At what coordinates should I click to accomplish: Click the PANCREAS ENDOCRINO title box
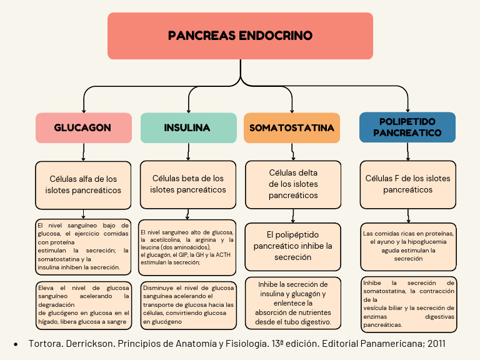[x=240, y=36]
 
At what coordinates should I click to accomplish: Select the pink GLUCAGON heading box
[x=83, y=127]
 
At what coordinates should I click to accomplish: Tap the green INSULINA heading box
[x=188, y=127]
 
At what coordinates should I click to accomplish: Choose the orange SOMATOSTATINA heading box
[x=292, y=127]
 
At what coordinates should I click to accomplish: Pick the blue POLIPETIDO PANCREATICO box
[x=407, y=127]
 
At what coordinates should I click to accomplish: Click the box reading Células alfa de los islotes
[x=83, y=184]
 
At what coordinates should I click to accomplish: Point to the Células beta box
[x=188, y=184]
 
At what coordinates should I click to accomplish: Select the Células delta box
[x=293, y=184]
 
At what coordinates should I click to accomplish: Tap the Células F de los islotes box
[x=407, y=184]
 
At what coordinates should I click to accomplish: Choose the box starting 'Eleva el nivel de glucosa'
[x=83, y=304]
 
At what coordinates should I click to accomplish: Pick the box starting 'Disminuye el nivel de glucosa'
[x=188, y=304]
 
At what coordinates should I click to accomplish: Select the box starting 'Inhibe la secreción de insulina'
[x=293, y=302]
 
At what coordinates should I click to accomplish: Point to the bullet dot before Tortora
[x=16, y=345]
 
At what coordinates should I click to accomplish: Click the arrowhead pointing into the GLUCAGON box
[x=83, y=109]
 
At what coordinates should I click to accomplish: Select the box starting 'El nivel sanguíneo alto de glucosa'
[x=187, y=247]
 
